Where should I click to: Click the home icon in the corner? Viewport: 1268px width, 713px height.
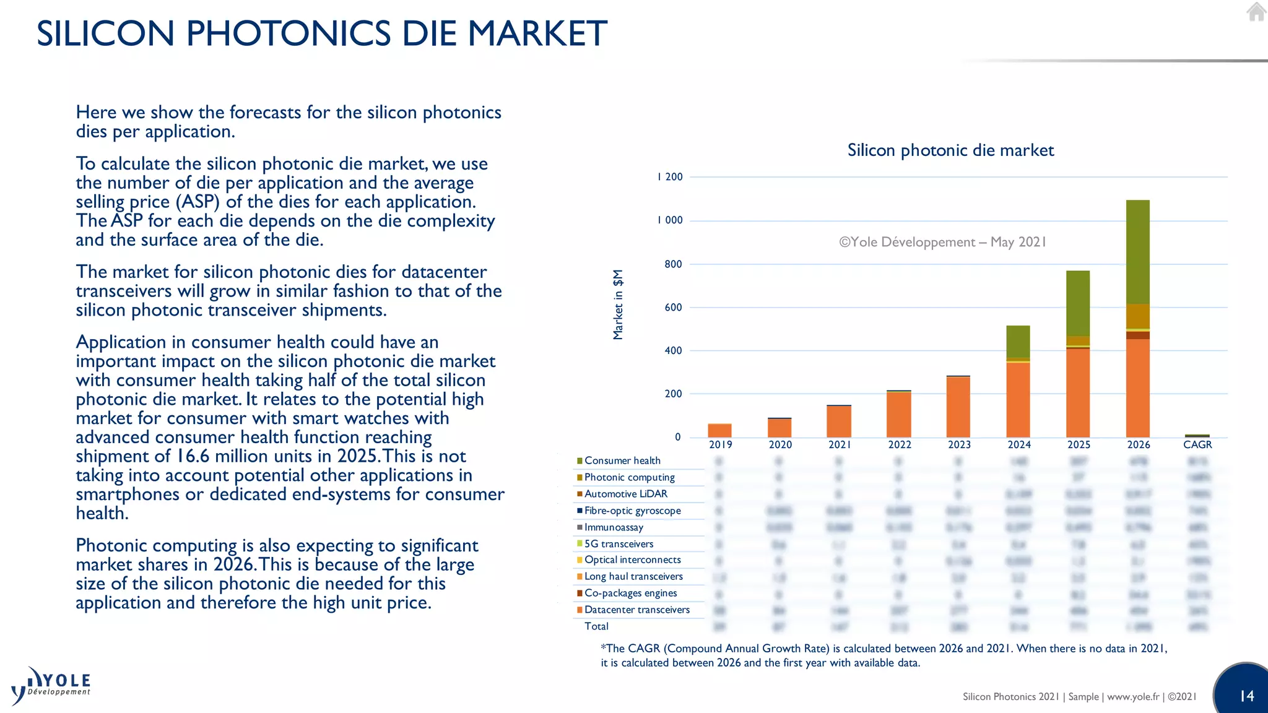pos(1256,12)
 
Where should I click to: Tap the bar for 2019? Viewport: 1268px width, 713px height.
pos(719,430)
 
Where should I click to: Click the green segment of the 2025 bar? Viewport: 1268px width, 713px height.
pos(1077,303)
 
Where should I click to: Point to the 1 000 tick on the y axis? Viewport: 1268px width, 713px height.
pos(670,220)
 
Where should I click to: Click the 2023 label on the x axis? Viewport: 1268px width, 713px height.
pos(959,444)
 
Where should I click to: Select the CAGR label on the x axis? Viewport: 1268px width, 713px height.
pos(1197,444)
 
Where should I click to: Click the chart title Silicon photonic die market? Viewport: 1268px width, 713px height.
pos(950,150)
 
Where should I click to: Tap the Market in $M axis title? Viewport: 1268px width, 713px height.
pos(617,305)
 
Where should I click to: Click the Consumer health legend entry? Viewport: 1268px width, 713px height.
pos(622,460)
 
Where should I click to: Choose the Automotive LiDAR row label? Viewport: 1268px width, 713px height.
pos(625,494)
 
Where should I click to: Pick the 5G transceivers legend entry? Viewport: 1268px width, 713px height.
pos(619,544)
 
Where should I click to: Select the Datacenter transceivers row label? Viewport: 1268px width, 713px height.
pos(636,610)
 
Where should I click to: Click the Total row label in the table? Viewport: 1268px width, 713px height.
pos(596,626)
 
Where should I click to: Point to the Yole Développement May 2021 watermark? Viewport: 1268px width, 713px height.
pos(942,242)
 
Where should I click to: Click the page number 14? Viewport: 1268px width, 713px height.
pos(1246,696)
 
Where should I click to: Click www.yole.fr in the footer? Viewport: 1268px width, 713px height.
pos(1132,697)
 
